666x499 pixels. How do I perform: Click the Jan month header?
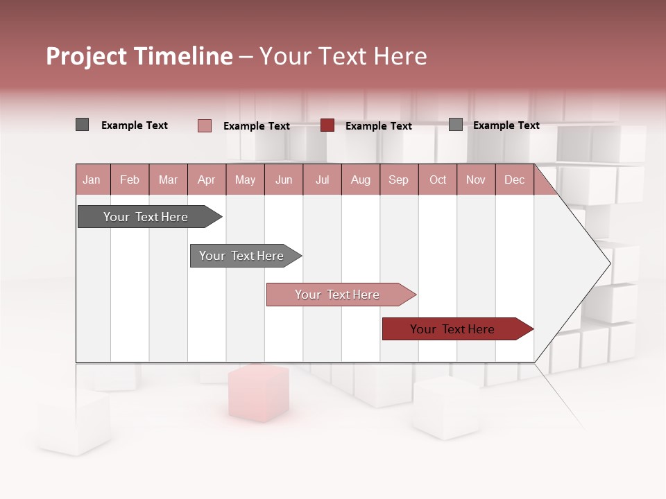[x=92, y=180]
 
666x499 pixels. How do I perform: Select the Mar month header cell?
[x=168, y=180]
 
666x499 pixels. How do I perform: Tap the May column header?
[x=245, y=180]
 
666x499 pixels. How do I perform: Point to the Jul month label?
[x=322, y=180]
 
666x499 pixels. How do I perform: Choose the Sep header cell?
[x=398, y=180]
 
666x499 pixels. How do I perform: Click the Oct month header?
[x=438, y=180]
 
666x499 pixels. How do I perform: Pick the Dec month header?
[x=514, y=180]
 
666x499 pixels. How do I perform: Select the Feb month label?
[x=130, y=180]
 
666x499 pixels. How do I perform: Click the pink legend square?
[x=205, y=125]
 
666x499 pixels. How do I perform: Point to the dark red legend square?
[x=327, y=125]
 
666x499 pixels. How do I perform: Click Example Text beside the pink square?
[x=257, y=126]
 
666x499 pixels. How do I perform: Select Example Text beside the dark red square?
[x=379, y=126]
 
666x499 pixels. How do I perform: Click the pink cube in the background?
[x=258, y=393]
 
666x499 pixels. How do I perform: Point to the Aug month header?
[x=360, y=180]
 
